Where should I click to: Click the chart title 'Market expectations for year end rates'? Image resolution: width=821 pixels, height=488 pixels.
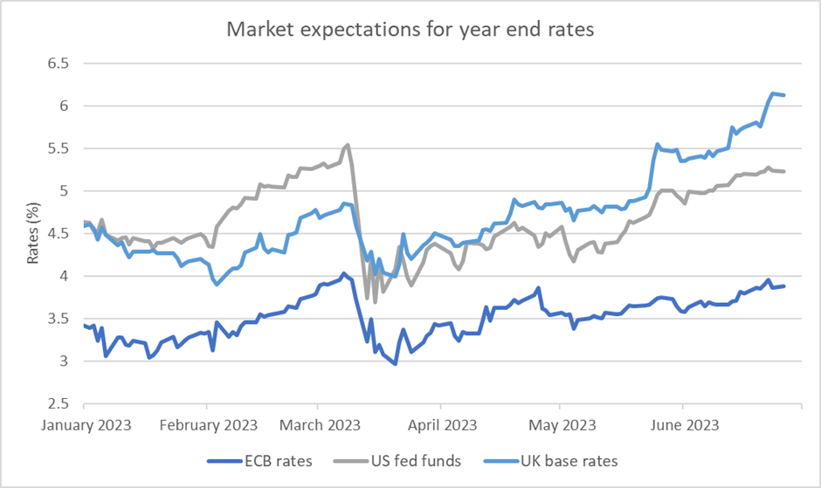[x=411, y=29]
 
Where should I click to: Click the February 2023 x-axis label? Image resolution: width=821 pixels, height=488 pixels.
[x=207, y=425]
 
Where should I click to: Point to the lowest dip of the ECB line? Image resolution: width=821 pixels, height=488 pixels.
[x=395, y=363]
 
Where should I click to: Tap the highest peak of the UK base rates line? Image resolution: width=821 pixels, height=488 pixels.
[x=773, y=93]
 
